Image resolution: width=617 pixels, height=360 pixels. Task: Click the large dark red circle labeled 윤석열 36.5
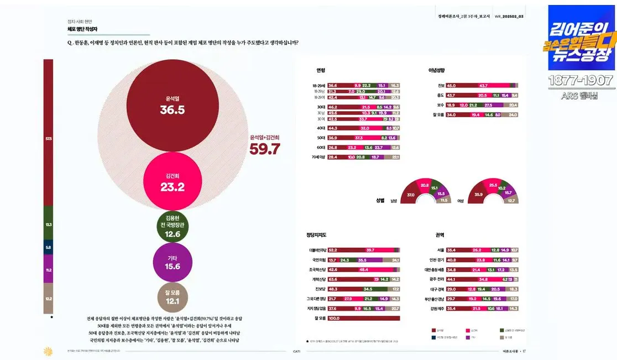172,105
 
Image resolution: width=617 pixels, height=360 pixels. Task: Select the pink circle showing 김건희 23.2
172,182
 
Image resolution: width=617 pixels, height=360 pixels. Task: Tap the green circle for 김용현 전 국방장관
172,227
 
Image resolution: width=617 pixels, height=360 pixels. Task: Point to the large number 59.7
265,149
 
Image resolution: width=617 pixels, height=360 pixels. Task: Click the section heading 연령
321,70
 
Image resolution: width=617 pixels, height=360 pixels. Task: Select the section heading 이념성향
436,70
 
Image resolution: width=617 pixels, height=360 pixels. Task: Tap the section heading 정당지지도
317,235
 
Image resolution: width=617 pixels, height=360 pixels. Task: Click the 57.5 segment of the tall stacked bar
49,138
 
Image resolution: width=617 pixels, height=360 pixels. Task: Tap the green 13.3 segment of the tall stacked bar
49,225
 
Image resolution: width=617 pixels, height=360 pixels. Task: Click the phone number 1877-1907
581,81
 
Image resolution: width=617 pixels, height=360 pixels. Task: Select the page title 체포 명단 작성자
83,29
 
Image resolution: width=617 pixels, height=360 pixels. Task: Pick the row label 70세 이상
319,157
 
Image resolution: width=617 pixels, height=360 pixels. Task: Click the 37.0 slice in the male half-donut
410,195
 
